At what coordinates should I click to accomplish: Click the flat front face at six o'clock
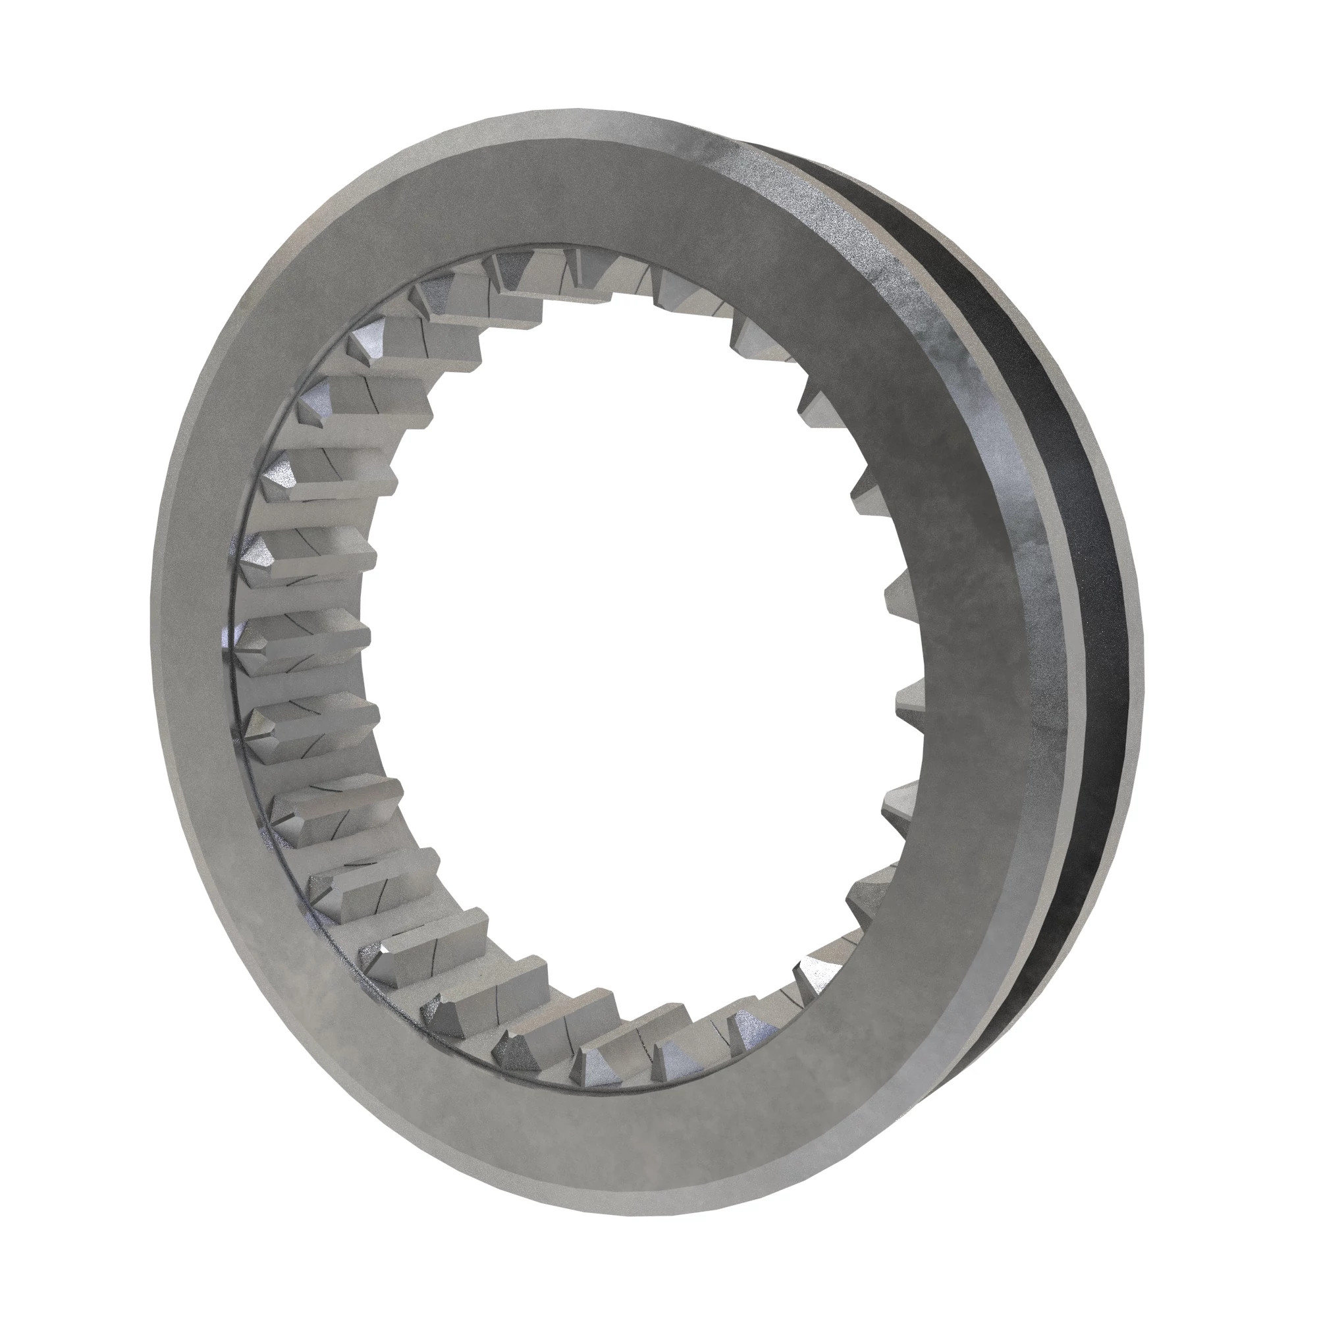coord(600,1125)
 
